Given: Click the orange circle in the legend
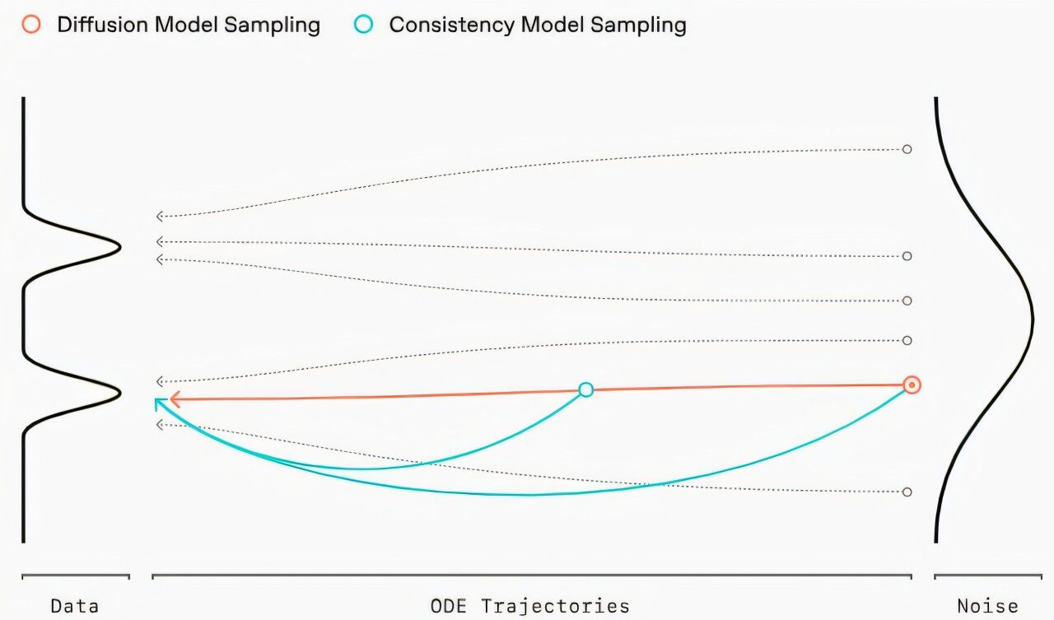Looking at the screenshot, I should [x=31, y=24].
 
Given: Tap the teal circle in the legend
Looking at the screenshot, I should [x=364, y=24].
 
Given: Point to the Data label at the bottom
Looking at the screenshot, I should [x=75, y=607].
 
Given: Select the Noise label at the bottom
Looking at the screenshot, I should [x=987, y=607].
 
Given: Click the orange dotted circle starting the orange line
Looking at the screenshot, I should [x=911, y=385].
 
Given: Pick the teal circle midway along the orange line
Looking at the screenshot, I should [x=585, y=389].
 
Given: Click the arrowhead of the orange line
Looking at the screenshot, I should [x=174, y=399].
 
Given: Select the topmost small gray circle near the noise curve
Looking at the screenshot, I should [x=907, y=149].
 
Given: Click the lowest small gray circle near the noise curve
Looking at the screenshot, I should [x=907, y=492].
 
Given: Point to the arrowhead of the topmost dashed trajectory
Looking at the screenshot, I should [x=161, y=217].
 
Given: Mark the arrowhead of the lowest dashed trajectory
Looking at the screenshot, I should [x=161, y=425].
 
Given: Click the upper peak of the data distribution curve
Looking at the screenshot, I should [x=119, y=246].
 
